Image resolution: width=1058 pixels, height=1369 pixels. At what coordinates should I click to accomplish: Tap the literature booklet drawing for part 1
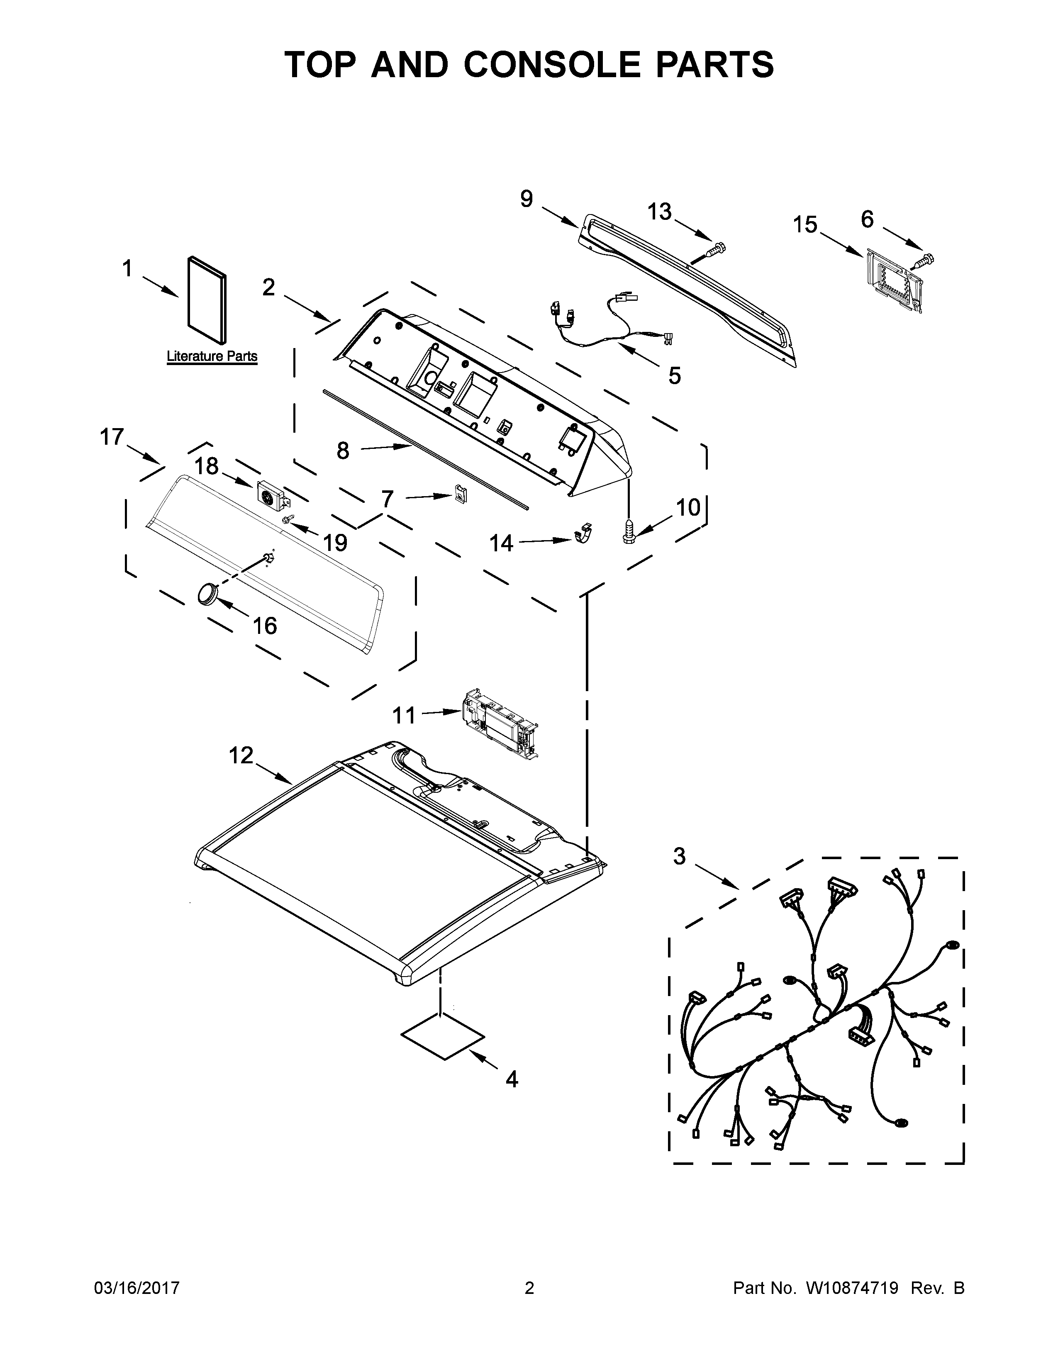click(207, 300)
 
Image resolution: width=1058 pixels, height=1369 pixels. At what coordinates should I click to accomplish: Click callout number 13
click(659, 212)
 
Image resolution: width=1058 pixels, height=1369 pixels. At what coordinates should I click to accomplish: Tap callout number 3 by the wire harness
click(680, 855)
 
